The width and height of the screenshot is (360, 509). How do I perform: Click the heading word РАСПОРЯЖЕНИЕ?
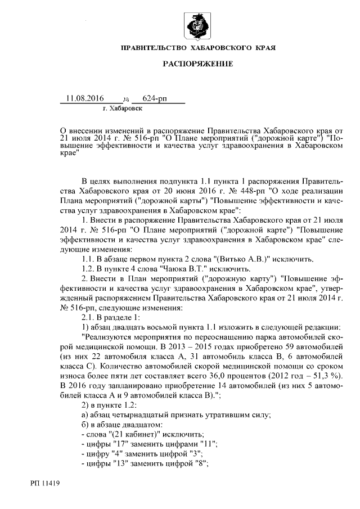197,64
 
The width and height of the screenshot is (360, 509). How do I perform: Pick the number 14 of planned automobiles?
210,385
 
